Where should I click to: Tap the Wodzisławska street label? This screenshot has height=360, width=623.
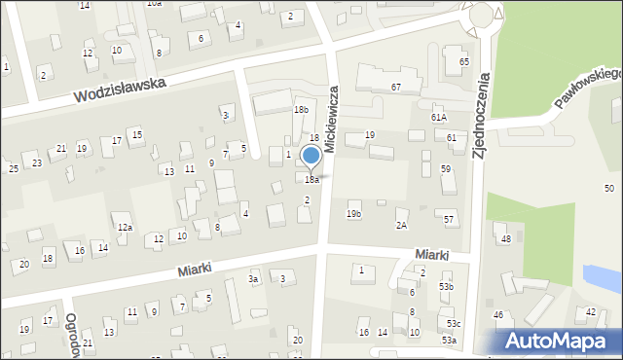tap(121, 91)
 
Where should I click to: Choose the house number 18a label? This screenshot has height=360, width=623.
tap(311, 180)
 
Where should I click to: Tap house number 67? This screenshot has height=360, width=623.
tap(396, 88)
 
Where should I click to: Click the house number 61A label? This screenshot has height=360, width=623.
tap(439, 117)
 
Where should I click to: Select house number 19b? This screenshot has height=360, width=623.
tap(353, 214)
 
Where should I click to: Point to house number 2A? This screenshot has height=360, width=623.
tap(401, 226)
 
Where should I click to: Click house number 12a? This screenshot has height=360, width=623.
tap(126, 228)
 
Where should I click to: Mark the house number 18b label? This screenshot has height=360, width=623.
tap(301, 110)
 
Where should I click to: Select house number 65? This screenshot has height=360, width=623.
tap(464, 62)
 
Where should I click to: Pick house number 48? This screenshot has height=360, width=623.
tap(505, 239)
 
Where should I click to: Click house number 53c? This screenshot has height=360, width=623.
tap(455, 323)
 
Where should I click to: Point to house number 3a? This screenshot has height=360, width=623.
tap(253, 280)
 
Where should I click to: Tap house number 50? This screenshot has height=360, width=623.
tap(609, 188)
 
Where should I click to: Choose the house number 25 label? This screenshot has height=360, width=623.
tap(14, 169)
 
